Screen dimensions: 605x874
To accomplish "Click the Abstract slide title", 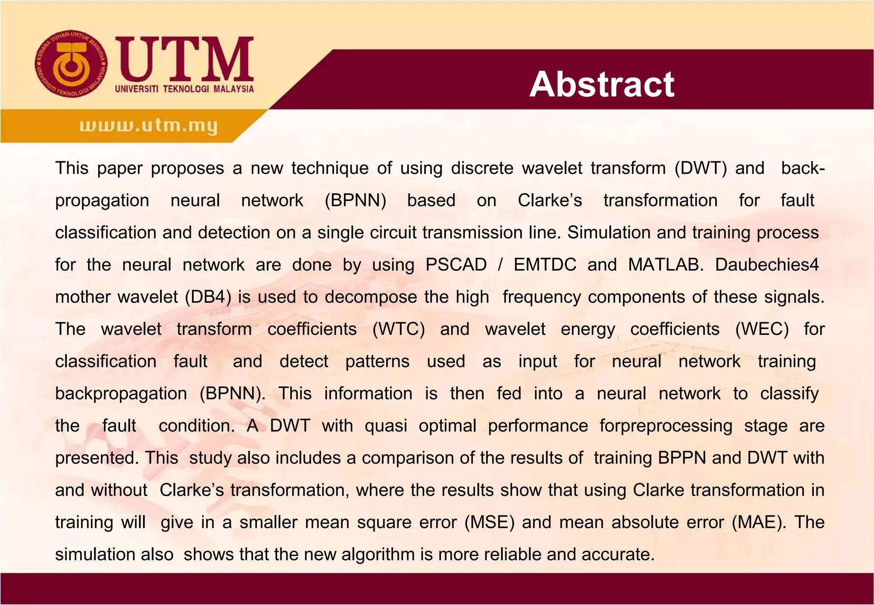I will pos(602,84).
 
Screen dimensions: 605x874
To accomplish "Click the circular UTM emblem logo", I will pos(71,64).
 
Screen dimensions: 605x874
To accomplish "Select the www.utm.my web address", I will pos(149,126).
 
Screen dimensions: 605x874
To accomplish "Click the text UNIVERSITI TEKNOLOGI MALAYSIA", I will pos(184,89).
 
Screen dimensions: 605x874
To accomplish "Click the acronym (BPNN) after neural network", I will pos(355,201).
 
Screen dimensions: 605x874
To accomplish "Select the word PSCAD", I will pos(456,265).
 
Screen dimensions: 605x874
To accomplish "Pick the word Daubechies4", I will pos(767,265).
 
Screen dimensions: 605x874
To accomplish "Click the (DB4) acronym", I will pos(208,297).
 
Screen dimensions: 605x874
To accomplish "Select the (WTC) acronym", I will pos(399,329).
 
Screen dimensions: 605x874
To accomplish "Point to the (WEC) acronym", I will pos(762,329).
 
